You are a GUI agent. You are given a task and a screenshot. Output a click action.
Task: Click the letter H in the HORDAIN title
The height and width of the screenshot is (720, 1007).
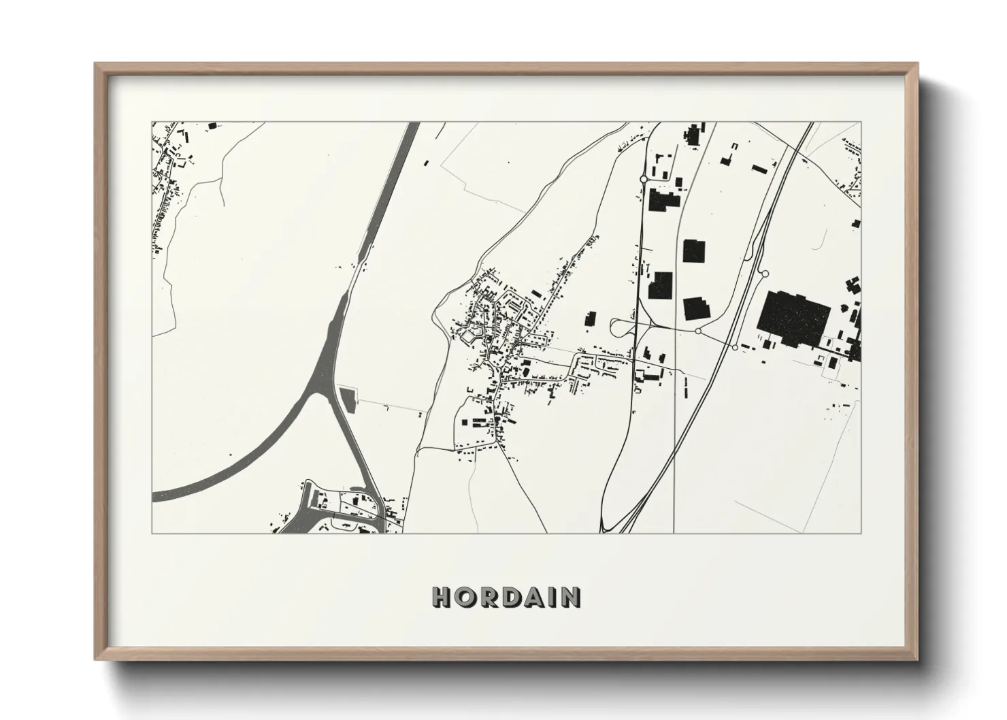tap(441, 597)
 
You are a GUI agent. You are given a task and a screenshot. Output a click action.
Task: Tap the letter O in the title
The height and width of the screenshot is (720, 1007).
tap(463, 597)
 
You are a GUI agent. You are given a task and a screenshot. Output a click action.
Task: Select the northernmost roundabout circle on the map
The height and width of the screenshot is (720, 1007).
tap(643, 180)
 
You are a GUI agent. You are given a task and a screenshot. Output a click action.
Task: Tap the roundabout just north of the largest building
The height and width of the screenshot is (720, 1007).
tap(765, 274)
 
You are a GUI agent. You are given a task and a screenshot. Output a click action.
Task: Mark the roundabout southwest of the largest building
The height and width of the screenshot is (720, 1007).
tap(734, 347)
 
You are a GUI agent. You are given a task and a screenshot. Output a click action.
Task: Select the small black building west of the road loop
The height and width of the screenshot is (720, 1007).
tap(590, 318)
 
